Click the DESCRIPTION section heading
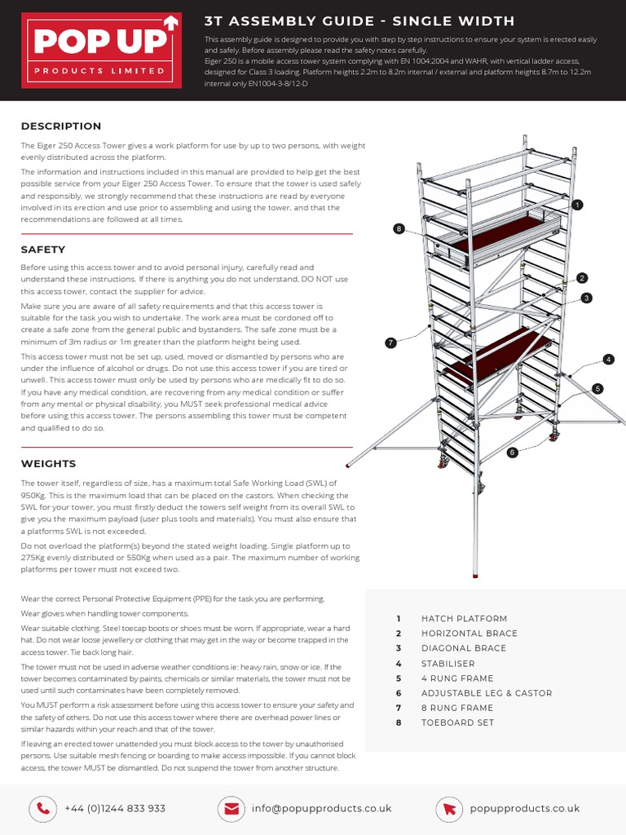(61, 126)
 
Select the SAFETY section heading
(43, 250)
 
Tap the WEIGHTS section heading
(48, 463)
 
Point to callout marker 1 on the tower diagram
(578, 205)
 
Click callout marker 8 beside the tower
(399, 229)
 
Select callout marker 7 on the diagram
(391, 342)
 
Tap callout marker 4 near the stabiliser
(608, 359)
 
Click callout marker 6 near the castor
(512, 452)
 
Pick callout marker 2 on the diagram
(582, 278)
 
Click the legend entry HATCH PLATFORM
(464, 619)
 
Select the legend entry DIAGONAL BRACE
(464, 648)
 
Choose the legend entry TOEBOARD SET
(457, 722)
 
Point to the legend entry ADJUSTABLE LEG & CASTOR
(487, 693)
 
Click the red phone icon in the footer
(42, 808)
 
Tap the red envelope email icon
(232, 808)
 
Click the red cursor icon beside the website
(448, 808)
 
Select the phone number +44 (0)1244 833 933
(115, 808)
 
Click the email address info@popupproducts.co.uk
(321, 808)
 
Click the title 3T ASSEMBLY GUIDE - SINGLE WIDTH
(359, 20)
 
